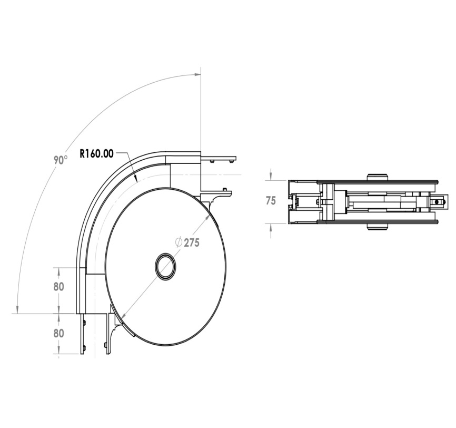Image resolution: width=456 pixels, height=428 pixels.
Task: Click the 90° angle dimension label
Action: [x=61, y=160]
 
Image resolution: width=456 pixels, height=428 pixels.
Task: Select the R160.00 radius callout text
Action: [x=96, y=154]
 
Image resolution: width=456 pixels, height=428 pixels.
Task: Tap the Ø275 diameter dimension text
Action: [x=187, y=242]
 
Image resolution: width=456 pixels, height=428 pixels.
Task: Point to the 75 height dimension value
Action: [x=271, y=201]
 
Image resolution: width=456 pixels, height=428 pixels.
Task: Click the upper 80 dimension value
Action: [x=58, y=287]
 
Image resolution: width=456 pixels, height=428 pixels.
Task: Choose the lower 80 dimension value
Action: [x=58, y=333]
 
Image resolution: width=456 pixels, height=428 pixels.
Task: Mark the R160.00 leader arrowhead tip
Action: [x=137, y=182]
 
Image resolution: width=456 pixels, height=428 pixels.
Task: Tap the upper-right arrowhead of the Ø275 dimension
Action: [x=207, y=218]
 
